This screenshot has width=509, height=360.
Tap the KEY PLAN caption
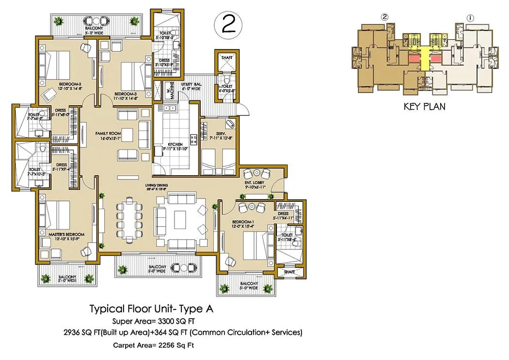424,106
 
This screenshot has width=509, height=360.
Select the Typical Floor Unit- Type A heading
151,309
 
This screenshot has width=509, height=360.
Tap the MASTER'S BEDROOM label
66,235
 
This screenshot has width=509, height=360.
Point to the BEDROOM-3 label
125,94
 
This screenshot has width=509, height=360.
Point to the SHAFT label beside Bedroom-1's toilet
289,272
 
